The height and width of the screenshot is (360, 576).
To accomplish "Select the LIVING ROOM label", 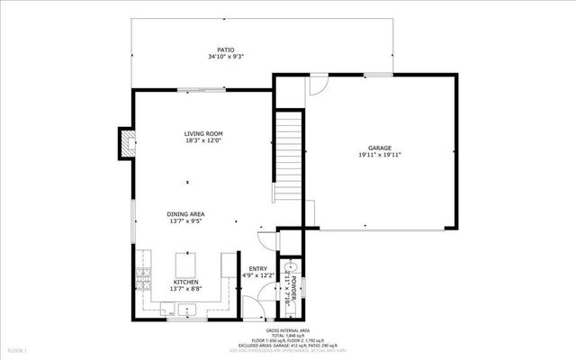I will point(203,133).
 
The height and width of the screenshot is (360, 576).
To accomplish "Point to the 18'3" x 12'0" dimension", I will point(203,140).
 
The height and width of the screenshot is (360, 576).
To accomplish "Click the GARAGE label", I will point(379,148).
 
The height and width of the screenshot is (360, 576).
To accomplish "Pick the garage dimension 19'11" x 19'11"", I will point(379,155).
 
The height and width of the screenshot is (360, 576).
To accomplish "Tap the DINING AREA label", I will point(186,213).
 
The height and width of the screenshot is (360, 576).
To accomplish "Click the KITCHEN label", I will point(186,282).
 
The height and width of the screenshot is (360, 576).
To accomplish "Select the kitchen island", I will point(186,264).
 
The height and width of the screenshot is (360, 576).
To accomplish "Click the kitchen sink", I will point(186,310).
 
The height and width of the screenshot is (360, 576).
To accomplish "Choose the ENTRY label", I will point(258,269).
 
